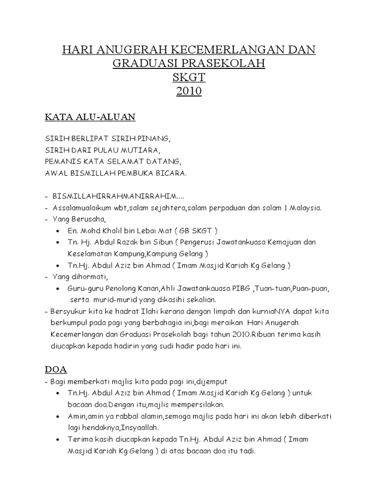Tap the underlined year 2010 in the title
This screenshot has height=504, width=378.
[x=189, y=91]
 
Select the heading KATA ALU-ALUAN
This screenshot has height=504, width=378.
[x=90, y=117]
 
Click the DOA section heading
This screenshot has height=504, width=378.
[x=56, y=369]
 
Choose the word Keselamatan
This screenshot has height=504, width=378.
[x=89, y=254]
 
